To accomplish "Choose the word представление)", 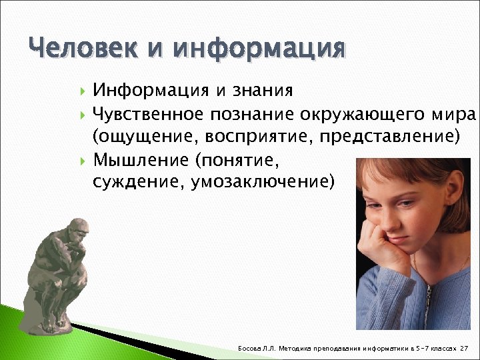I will (x=389, y=137).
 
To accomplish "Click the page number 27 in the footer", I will (x=465, y=349).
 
